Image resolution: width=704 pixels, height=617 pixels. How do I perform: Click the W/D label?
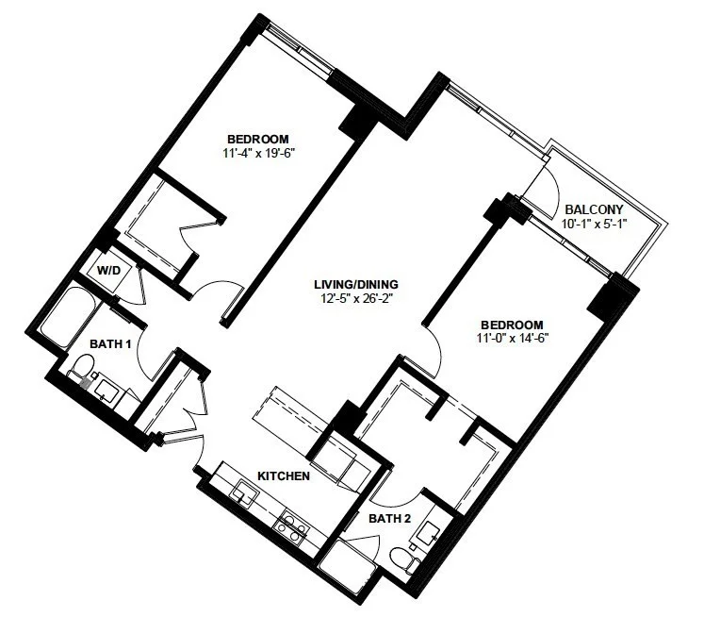(x=109, y=271)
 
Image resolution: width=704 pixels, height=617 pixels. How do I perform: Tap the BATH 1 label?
(x=110, y=344)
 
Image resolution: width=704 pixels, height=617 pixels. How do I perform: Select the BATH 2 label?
(x=390, y=519)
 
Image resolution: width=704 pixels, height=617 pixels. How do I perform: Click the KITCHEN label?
(x=284, y=475)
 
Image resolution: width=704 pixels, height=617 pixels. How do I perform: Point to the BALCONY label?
(x=594, y=209)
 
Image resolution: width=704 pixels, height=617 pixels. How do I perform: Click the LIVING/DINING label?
(x=355, y=284)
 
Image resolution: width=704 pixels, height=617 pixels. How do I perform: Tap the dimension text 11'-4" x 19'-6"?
(x=258, y=153)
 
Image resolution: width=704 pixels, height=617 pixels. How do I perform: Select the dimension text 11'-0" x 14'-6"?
(x=514, y=338)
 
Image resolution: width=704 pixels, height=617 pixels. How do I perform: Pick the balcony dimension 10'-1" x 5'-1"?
(x=594, y=224)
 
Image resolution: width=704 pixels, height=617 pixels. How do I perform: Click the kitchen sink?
(x=244, y=492)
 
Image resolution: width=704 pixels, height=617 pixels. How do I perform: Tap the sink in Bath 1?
(x=107, y=390)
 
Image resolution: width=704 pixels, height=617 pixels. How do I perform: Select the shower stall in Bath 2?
(x=348, y=560)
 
